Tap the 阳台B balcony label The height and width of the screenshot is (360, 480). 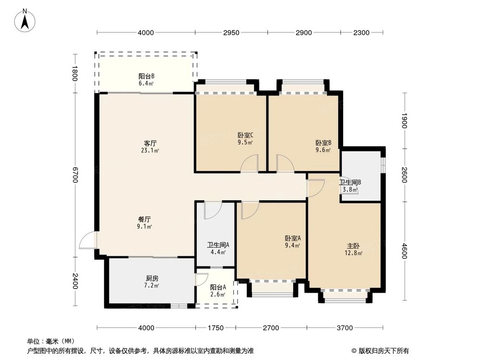[x=146, y=79]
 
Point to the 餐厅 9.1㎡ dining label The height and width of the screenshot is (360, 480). [x=144, y=223]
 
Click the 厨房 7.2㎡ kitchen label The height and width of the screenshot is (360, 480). [x=152, y=282]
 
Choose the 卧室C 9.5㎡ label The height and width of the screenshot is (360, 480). [x=245, y=138]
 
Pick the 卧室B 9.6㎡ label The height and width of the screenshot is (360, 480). [x=323, y=146]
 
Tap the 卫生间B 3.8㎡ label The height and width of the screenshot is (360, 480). [x=350, y=186]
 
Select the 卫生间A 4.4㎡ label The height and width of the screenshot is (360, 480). [x=215, y=248]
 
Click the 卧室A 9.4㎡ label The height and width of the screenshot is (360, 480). [x=292, y=241]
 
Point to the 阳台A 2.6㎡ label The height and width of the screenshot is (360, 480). [x=217, y=290]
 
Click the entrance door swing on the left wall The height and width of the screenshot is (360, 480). [x=88, y=240]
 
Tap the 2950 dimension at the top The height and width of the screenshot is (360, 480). [x=231, y=33]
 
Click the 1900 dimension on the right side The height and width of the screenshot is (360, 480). [x=405, y=120]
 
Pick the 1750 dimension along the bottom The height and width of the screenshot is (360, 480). [x=216, y=328]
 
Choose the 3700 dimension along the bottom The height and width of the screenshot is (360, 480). [x=344, y=328]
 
